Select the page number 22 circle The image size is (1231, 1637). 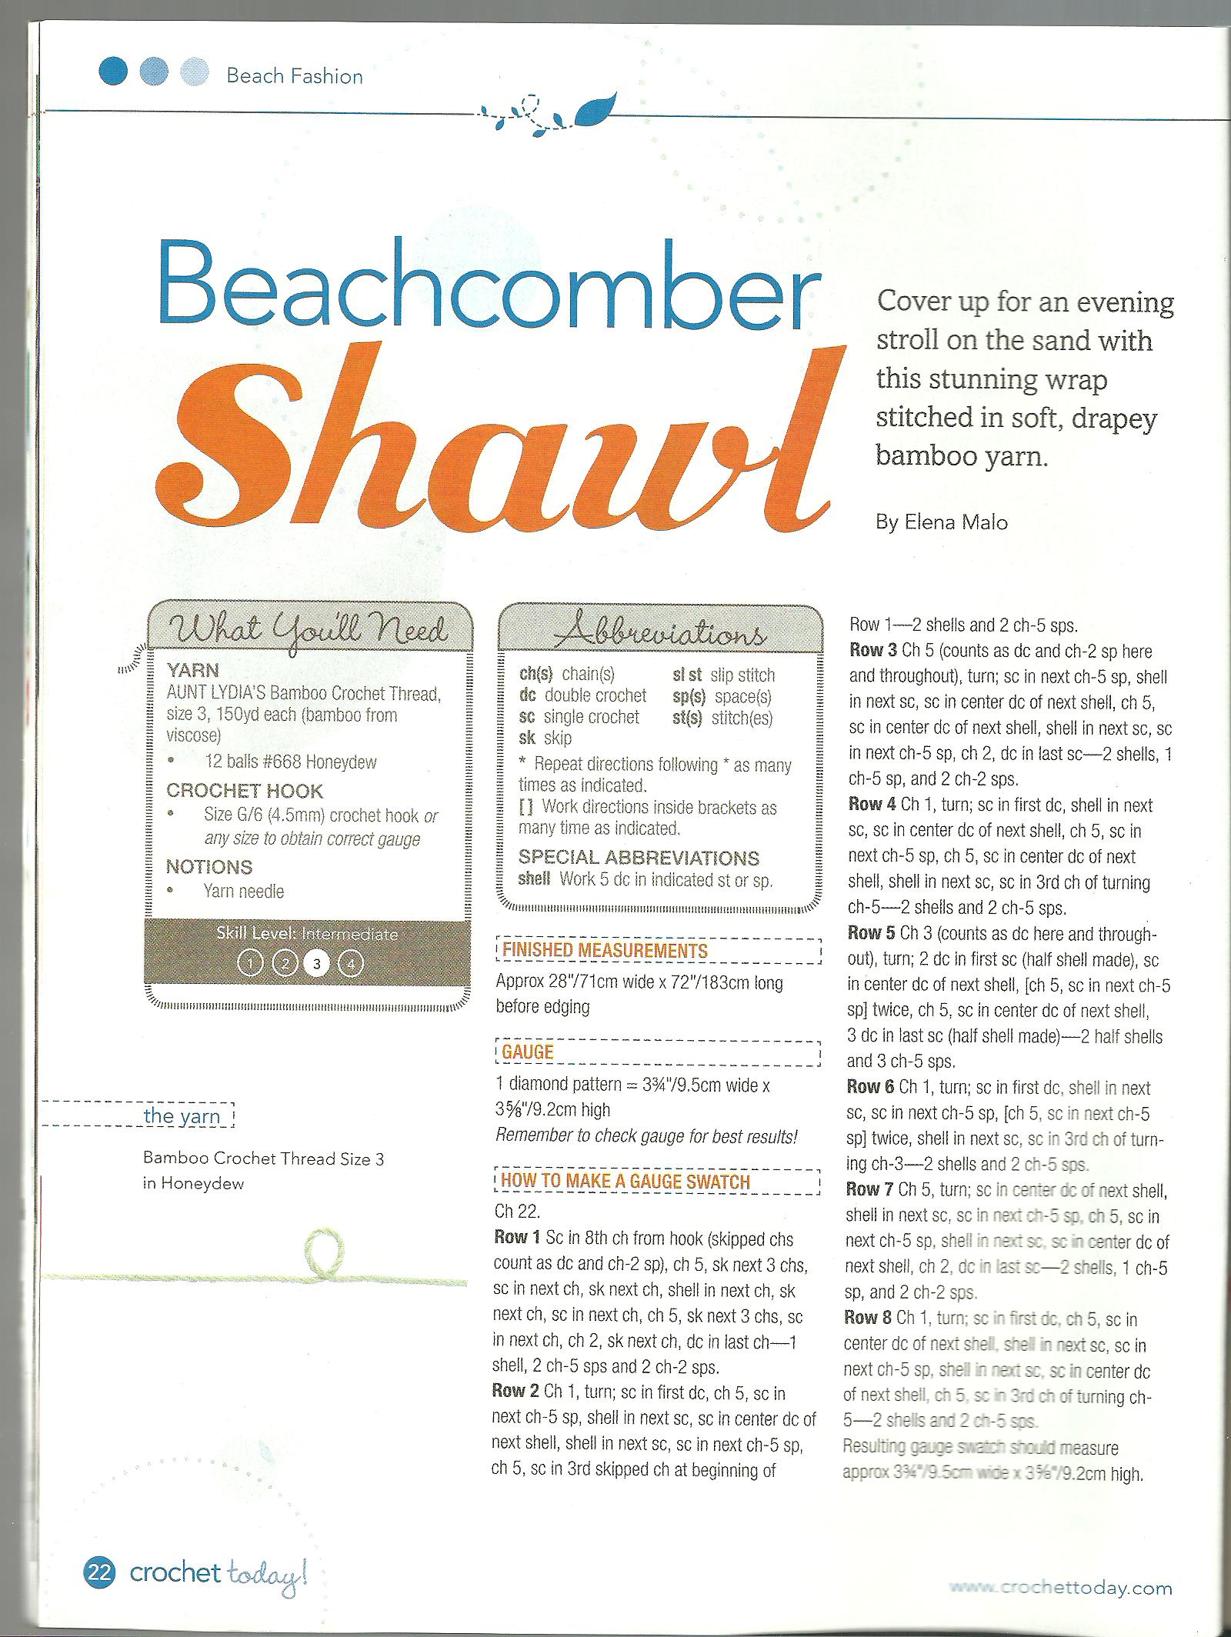(x=100, y=1572)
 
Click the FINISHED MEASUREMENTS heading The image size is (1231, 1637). (x=604, y=950)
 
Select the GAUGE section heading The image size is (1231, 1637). (x=528, y=1052)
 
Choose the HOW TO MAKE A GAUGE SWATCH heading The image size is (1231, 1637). (x=625, y=1181)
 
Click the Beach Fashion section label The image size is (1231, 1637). (x=295, y=76)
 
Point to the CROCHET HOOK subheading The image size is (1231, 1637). (x=245, y=791)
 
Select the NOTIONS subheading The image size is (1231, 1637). (x=209, y=867)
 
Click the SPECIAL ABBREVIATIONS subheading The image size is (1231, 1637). (x=639, y=858)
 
